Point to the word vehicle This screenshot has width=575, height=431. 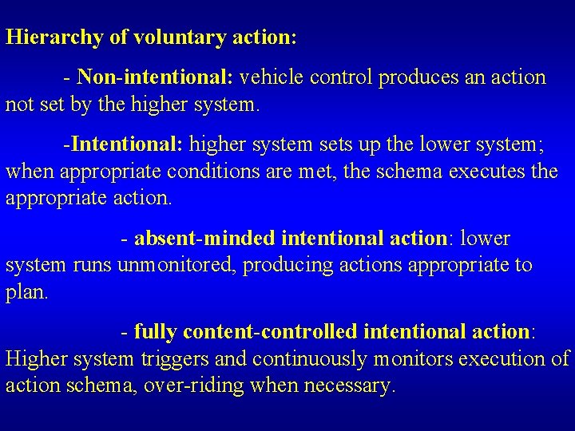tap(272, 77)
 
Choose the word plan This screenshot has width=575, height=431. tap(26, 292)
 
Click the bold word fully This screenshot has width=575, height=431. tap(154, 331)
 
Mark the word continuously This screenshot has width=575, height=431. tap(315, 359)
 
